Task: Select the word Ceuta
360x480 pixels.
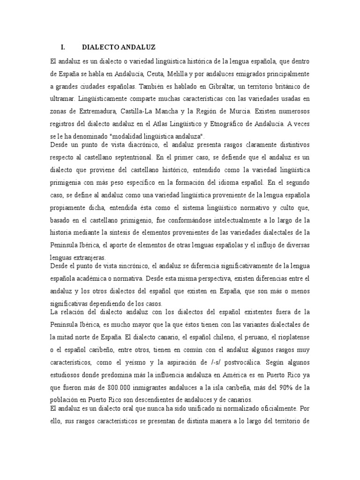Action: [153, 75]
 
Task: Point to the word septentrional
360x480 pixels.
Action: [135, 157]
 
